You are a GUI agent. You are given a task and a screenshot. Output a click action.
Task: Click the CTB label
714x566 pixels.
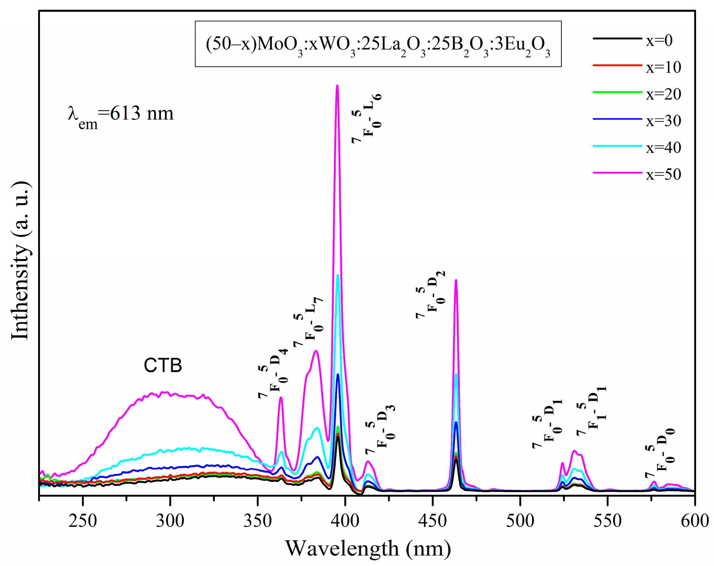click(x=163, y=366)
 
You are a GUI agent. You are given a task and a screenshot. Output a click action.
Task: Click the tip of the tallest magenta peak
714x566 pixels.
click(x=337, y=86)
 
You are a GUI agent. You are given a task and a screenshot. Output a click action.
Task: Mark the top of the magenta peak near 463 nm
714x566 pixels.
click(x=456, y=280)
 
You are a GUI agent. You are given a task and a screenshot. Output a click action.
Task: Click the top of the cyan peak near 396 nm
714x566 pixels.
click(x=338, y=275)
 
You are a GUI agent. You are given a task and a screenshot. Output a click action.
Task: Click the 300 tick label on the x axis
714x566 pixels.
click(x=170, y=521)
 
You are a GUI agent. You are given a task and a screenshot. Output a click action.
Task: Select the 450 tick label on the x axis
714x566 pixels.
click(x=432, y=521)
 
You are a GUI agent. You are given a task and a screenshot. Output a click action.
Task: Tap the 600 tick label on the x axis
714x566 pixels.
click(x=694, y=521)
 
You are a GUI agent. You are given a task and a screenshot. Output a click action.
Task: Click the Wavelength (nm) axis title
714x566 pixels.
click(x=368, y=548)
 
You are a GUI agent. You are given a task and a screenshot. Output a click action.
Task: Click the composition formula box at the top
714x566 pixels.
click(x=378, y=44)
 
